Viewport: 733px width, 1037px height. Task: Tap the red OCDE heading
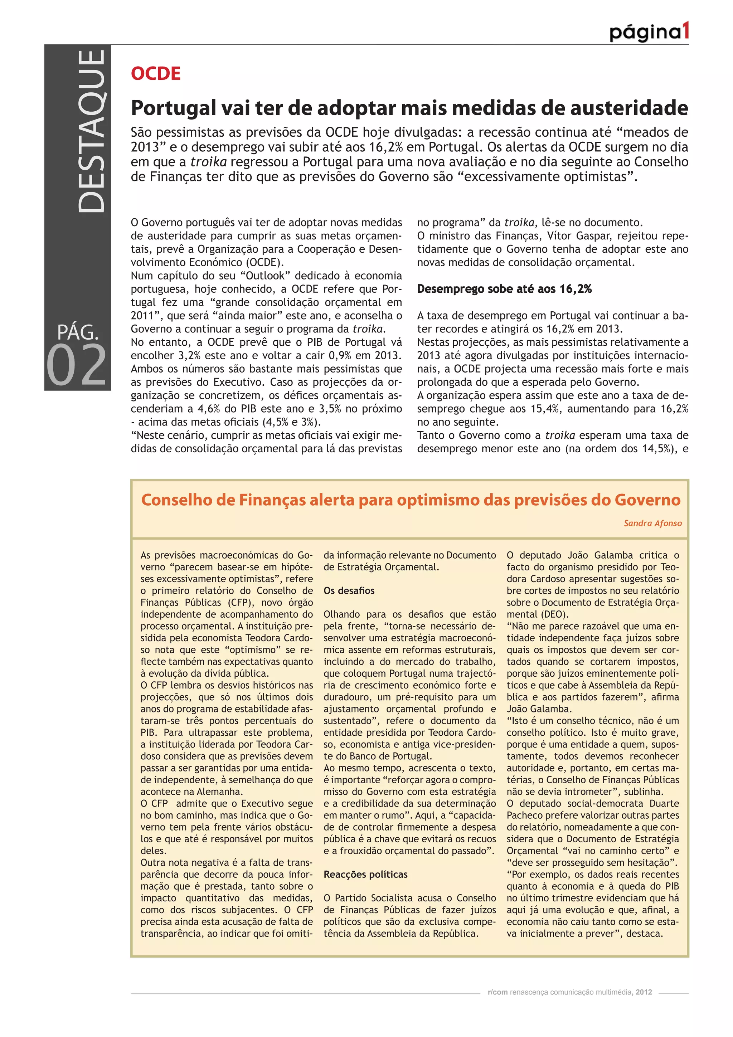pyautogui.click(x=156, y=74)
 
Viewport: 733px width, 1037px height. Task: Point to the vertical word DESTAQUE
pyautogui.click(x=92, y=131)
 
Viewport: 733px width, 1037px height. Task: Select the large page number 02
pyautogui.click(x=77, y=365)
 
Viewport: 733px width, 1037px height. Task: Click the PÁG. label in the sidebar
pyautogui.click(x=78, y=332)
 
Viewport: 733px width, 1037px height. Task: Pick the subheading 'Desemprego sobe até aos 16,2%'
pyautogui.click(x=504, y=289)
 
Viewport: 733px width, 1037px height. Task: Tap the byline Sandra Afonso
pyautogui.click(x=652, y=523)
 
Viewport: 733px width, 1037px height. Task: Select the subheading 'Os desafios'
pyautogui.click(x=349, y=591)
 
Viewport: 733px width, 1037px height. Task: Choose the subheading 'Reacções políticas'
pyautogui.click(x=365, y=875)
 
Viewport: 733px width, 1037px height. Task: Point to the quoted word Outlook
pyautogui.click(x=266, y=276)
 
